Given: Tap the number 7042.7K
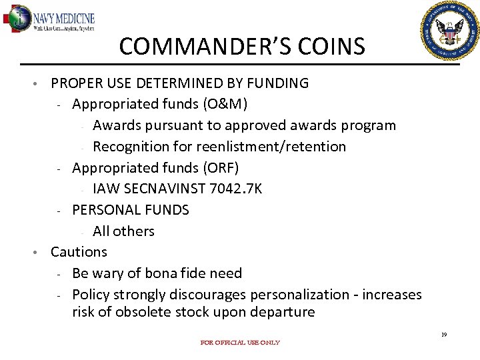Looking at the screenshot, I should point(235,189).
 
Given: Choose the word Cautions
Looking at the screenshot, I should point(79,252).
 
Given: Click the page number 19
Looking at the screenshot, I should point(443,335).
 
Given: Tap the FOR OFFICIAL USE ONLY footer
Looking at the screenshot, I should point(240,343).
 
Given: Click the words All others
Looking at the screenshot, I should point(123,231).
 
